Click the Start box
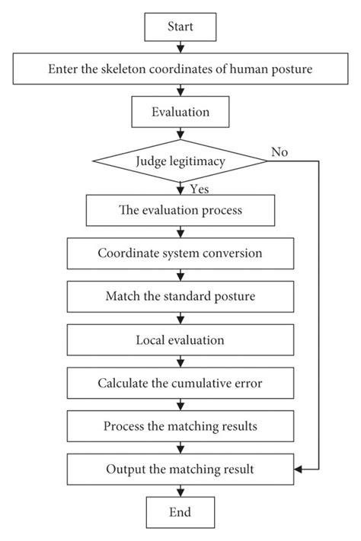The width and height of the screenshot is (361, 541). pyautogui.click(x=180, y=27)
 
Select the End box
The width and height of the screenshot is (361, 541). pyautogui.click(x=180, y=511)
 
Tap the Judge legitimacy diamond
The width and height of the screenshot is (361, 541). pyautogui.click(x=180, y=161)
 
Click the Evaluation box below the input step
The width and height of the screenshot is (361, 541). pyautogui.click(x=180, y=113)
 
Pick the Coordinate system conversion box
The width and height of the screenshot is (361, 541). pyautogui.click(x=180, y=254)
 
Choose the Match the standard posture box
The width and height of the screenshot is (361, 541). pyautogui.click(x=180, y=296)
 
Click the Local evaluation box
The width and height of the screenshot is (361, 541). pyautogui.click(x=180, y=340)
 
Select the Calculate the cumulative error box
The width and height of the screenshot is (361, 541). pyautogui.click(x=180, y=383)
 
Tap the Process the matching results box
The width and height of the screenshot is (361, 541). pyautogui.click(x=180, y=425)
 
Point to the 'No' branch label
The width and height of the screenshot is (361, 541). pyautogui.click(x=279, y=152)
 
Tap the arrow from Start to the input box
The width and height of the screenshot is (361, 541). pyautogui.click(x=180, y=48)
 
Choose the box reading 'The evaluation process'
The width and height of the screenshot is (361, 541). pyautogui.click(x=180, y=211)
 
